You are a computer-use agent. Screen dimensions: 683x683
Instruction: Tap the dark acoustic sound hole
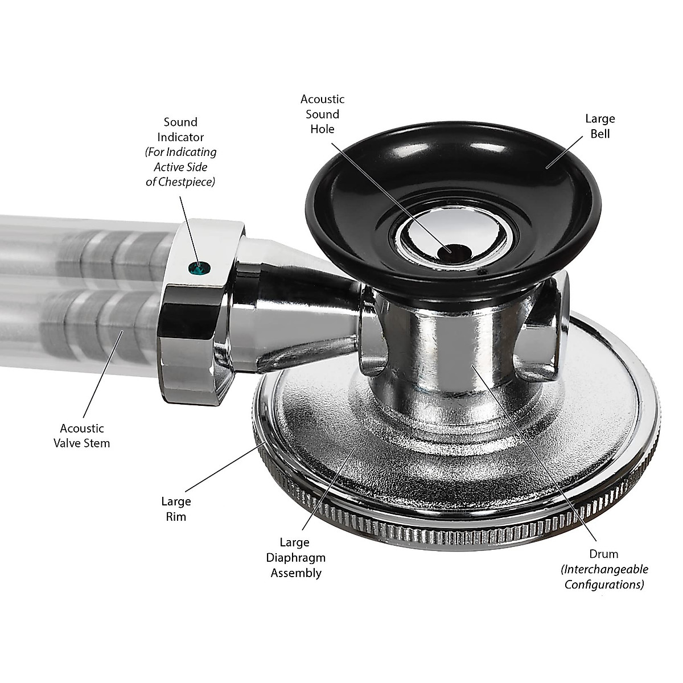453,249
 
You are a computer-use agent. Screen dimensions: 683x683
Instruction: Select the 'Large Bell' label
600,126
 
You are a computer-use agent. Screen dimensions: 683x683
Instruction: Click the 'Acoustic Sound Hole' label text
322,114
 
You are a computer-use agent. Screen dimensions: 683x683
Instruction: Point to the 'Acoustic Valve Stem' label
83,435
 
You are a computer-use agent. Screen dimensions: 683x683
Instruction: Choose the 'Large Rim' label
176,509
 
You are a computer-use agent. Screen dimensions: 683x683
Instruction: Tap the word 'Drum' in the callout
604,554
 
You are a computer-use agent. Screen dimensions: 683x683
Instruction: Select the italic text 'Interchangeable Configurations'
604,577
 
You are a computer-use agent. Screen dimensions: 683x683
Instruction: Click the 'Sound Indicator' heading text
180,129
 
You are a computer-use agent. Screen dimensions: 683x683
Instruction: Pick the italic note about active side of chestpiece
180,167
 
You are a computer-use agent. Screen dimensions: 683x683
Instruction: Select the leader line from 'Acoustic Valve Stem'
102,376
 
